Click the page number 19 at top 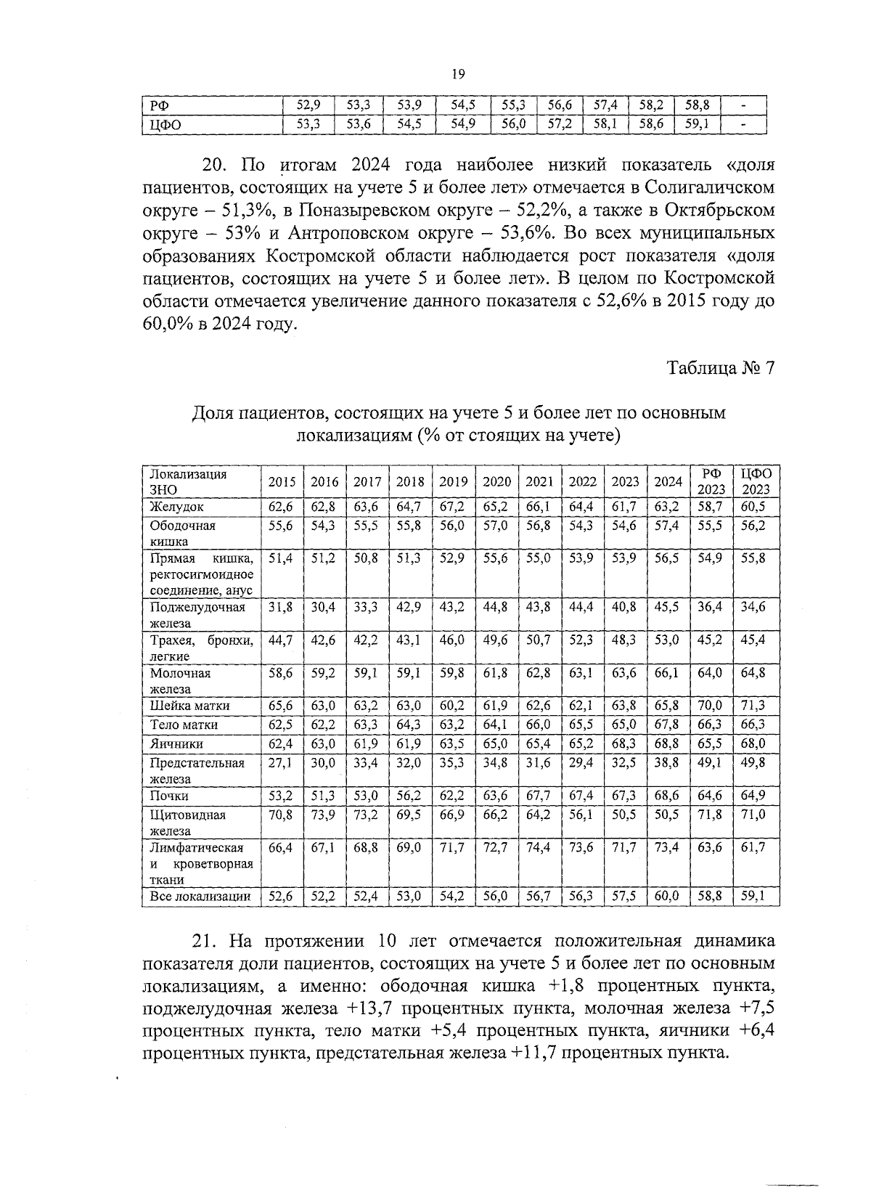point(457,73)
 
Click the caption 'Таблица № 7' point(721,367)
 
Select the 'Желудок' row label point(177,507)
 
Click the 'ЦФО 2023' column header point(755,482)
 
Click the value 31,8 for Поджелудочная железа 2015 point(281,608)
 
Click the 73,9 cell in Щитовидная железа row point(324,815)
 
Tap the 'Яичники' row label point(176,743)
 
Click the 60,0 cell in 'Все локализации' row point(666,897)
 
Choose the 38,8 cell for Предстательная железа point(666,763)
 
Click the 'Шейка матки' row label point(189,705)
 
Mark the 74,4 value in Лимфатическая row point(538,847)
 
